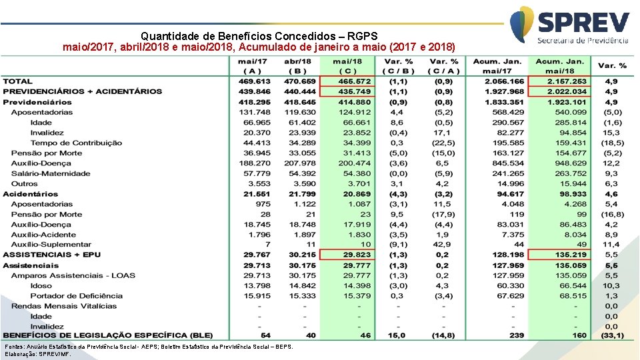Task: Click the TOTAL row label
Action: [17, 81]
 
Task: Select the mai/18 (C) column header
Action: [347, 66]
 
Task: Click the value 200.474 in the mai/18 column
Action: [354, 163]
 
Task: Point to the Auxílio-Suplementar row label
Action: [51, 245]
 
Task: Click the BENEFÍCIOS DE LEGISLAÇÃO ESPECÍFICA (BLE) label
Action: [107, 335]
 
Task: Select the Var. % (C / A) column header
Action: [444, 66]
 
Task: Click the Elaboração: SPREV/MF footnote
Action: [38, 354]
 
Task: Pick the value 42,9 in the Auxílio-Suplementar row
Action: [444, 245]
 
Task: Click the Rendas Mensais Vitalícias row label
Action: [63, 306]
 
